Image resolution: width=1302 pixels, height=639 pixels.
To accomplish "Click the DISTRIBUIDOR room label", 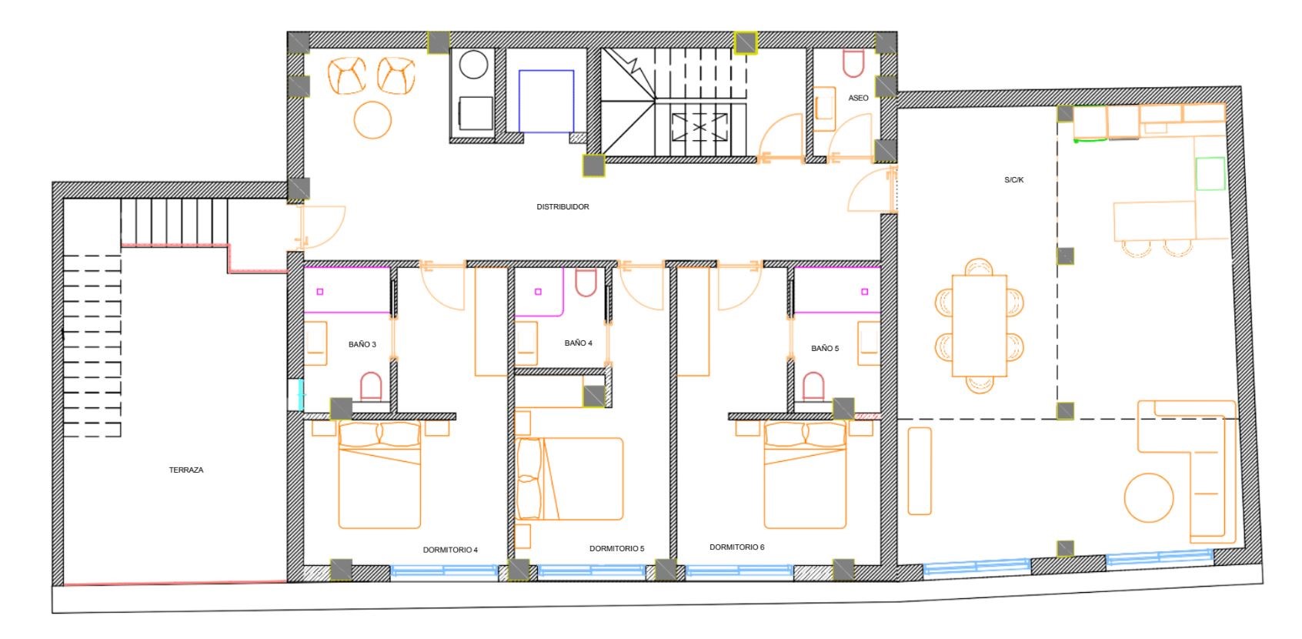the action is [x=562, y=206].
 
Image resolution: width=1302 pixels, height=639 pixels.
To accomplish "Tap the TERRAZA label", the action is [x=186, y=470].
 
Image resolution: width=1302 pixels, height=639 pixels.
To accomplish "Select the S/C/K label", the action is [x=1013, y=179].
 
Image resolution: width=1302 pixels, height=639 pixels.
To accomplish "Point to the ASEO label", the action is [x=858, y=98].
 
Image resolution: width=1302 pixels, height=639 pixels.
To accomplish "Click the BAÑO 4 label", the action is [x=579, y=343].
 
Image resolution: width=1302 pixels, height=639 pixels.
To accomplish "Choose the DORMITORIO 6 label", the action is [x=736, y=547].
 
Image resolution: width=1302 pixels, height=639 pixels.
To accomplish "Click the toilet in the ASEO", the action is [x=853, y=63].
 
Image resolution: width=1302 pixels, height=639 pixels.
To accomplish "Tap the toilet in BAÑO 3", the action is [x=371, y=386].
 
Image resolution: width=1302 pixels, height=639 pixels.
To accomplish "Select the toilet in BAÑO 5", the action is [x=813, y=386].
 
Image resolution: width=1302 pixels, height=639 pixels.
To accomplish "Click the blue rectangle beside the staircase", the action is [x=546, y=101].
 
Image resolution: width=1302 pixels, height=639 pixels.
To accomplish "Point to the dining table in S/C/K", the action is [x=980, y=326].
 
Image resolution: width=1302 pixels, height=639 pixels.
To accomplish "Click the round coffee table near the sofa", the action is [x=1149, y=497].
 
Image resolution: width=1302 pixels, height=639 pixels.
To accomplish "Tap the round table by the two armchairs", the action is [x=372, y=120].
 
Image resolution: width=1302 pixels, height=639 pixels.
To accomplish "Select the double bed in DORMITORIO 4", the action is [x=379, y=475].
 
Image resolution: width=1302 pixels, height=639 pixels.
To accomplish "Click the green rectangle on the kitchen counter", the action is [x=1210, y=173].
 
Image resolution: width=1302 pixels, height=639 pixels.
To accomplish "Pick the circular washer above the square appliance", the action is [x=474, y=64].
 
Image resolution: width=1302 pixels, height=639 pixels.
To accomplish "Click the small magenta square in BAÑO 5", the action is [x=865, y=292].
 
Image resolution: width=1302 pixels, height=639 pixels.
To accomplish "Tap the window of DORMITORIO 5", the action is [x=592, y=571].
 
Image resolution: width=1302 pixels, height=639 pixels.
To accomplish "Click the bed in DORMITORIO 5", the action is [x=569, y=479].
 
